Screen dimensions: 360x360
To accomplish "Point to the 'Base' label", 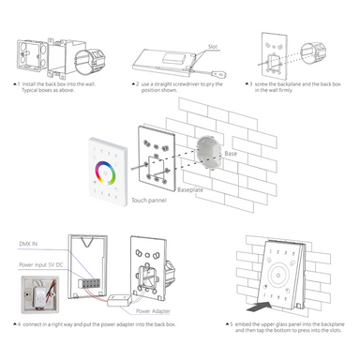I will pyautogui.click(x=230, y=153).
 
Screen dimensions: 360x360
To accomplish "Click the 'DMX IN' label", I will pyautogui.click(x=30, y=242).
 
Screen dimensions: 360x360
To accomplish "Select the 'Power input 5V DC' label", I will pyautogui.click(x=39, y=264).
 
